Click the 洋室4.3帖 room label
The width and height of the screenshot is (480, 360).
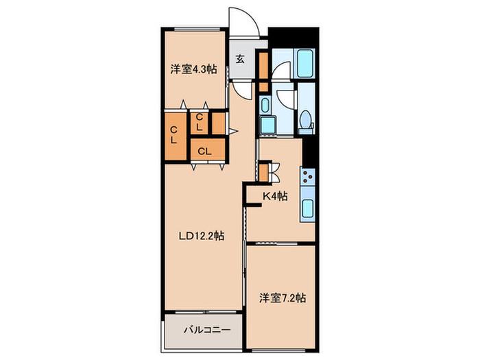193,69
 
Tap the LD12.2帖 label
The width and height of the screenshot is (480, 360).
202,236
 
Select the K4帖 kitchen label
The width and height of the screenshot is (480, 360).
275,196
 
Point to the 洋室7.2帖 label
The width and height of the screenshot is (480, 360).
283,298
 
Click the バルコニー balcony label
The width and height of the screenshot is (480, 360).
207,330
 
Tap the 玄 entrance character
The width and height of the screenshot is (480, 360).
240,59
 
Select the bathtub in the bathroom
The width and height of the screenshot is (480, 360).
304,63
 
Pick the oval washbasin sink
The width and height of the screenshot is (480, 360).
265,106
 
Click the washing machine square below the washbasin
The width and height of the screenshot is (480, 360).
267,125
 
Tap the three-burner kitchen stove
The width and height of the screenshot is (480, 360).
308,177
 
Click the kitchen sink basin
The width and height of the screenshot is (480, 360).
308,208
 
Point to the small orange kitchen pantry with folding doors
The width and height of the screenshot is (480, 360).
263,173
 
